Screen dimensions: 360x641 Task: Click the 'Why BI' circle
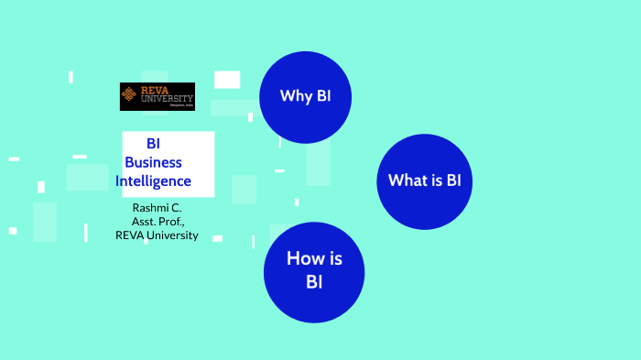pos(306,97)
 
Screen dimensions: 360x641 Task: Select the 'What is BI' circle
pos(424,181)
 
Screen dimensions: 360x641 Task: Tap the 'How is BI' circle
pos(314,271)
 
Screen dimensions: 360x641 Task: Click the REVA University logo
pos(158,96)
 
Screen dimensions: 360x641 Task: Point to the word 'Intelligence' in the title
pos(153,181)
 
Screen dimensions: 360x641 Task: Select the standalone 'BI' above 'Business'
pos(154,144)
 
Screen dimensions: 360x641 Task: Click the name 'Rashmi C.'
pos(157,208)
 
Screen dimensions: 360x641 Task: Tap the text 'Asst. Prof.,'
pos(158,222)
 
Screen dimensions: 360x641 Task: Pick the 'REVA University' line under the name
pos(157,235)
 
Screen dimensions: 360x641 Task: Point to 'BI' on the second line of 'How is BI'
pos(314,282)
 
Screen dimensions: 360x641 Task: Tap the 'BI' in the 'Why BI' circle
pos(323,97)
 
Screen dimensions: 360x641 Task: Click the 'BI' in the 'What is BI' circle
pos(452,180)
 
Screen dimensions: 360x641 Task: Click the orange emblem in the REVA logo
pos(130,93)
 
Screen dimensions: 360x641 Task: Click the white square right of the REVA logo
pos(227,80)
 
